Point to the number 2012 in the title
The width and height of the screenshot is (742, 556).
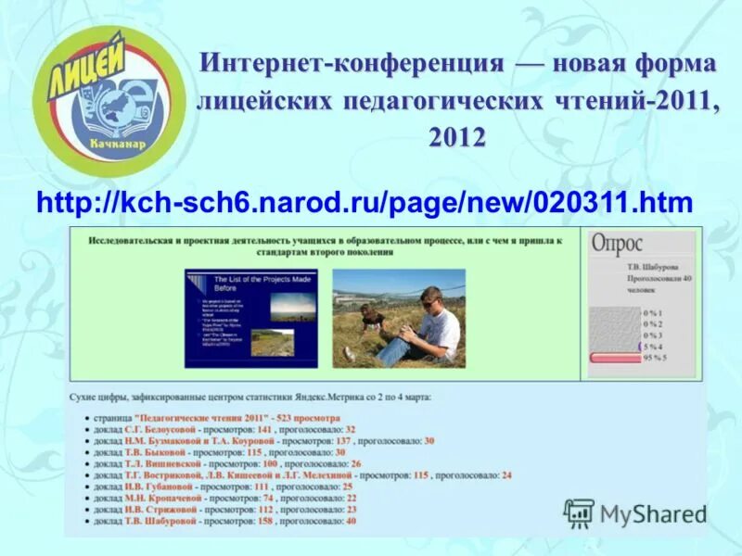pyautogui.click(x=456, y=137)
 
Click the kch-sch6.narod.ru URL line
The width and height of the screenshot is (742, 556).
pyautogui.click(x=365, y=202)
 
